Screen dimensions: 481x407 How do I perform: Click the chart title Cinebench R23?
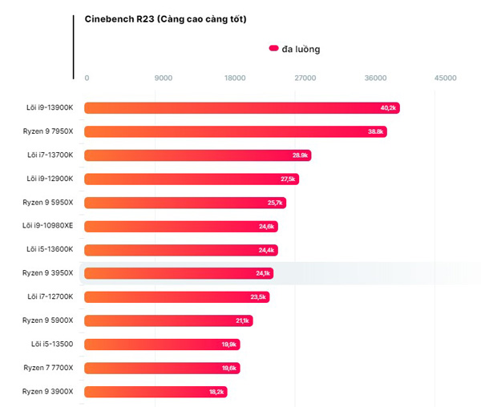(119, 19)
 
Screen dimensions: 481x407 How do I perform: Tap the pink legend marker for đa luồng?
(273, 48)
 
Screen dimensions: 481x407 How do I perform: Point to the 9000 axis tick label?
(164, 78)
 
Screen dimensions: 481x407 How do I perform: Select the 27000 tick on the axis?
(305, 78)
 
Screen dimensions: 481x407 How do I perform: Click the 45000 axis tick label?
(446, 78)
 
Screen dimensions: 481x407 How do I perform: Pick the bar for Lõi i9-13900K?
(242, 108)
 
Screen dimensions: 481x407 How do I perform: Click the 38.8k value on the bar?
(375, 131)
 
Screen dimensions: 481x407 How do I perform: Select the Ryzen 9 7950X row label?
(48, 131)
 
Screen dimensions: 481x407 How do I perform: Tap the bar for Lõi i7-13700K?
(198, 155)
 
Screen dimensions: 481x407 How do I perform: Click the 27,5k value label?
(288, 179)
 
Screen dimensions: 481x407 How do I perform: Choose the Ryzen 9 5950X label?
(48, 202)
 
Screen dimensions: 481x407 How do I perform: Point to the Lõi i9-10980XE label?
(47, 226)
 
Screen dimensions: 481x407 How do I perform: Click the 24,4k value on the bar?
(266, 250)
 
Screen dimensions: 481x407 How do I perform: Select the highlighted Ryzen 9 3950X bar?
(179, 273)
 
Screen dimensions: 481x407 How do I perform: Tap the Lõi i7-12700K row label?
(51, 296)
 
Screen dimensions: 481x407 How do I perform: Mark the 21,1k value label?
(242, 321)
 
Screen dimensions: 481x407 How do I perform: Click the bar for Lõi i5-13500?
(162, 345)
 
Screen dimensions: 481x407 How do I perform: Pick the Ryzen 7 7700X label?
(48, 368)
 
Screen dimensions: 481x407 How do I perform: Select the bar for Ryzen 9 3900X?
(156, 392)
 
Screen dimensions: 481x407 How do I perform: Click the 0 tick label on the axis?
(87, 78)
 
